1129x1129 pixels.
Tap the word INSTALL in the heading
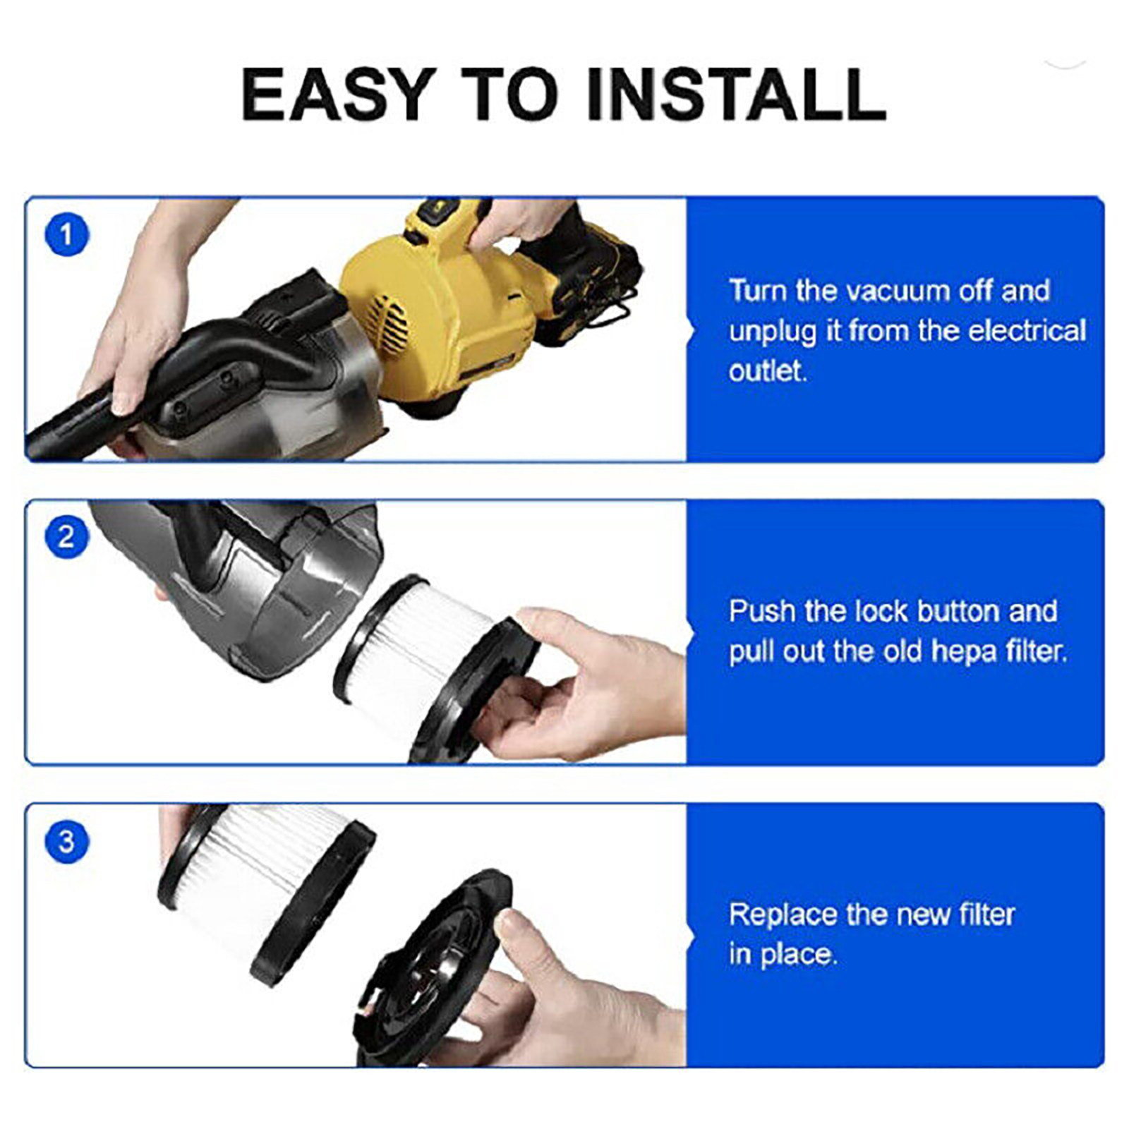tap(736, 95)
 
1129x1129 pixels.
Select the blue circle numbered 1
tap(67, 235)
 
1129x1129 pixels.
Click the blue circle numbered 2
tap(67, 538)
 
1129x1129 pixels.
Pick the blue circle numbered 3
tap(67, 841)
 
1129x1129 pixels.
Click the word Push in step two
tap(762, 611)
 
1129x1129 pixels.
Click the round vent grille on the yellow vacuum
tap(387, 323)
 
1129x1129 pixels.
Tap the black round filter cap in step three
tap(430, 967)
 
